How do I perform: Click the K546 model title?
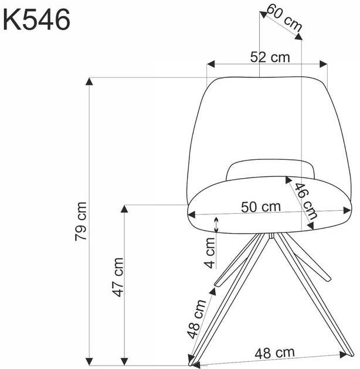tap(36, 20)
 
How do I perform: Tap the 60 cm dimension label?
tap(284, 18)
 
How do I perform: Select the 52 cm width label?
tap(270, 57)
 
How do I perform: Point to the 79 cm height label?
tap(81, 221)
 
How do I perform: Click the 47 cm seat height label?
tap(117, 277)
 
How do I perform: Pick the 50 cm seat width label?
tap(261, 207)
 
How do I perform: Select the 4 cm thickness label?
tap(210, 253)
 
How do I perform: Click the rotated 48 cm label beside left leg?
tap(196, 319)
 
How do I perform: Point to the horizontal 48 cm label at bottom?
tap(275, 353)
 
